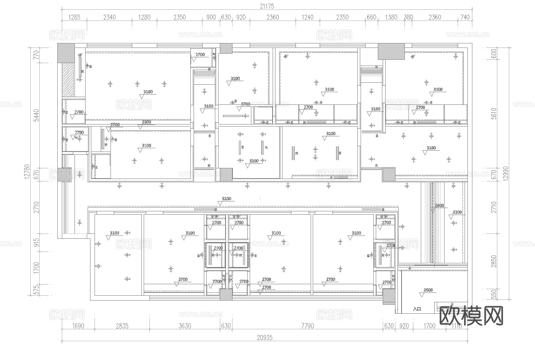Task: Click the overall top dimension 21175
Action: point(266,6)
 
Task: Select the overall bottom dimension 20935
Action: point(265,338)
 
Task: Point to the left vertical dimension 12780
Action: point(27,171)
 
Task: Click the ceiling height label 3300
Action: point(146,122)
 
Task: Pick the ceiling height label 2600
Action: point(439,206)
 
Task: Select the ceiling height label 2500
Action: point(428,290)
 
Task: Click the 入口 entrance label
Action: point(417,309)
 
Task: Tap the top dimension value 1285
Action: point(74,17)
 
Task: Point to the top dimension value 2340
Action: point(109,17)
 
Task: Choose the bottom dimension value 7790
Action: point(307,326)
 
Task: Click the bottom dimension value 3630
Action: point(185,326)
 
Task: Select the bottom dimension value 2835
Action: point(122,326)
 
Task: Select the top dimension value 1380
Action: point(391,17)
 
